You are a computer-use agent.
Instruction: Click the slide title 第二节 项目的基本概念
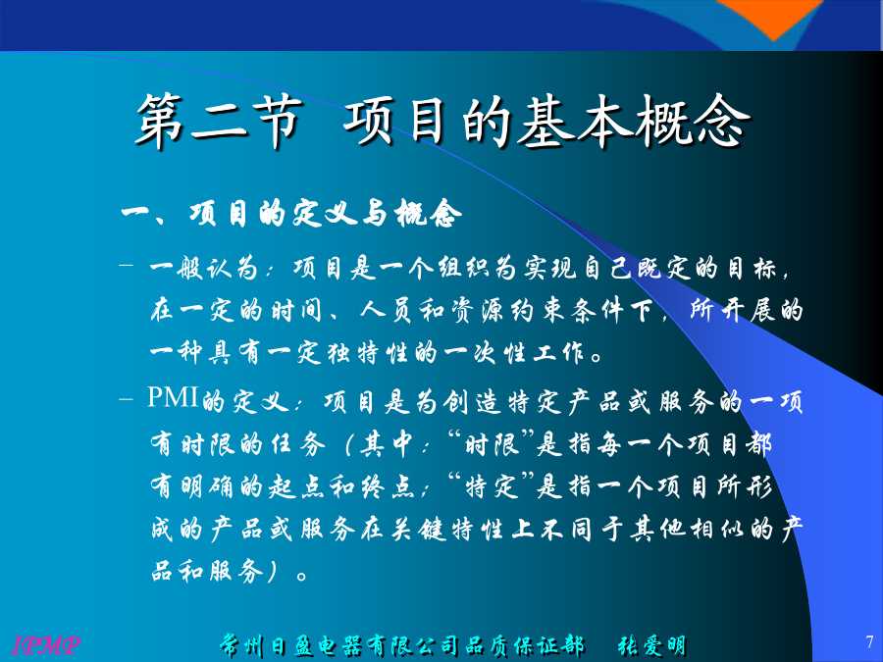[443, 122]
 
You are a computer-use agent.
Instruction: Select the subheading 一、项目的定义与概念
[291, 214]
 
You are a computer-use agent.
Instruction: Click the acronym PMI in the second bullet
[173, 397]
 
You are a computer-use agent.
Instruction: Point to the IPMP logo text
[46, 644]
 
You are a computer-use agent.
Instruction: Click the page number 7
[869, 641]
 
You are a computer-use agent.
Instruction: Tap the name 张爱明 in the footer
[652, 645]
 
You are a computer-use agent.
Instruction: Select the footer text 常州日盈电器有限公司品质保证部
[402, 645]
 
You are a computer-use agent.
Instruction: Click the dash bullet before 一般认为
[127, 263]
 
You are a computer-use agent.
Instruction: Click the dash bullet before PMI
[127, 399]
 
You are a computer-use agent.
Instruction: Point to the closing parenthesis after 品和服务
[272, 572]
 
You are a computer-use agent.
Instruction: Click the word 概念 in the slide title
[694, 122]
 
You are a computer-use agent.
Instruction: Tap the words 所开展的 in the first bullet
[747, 310]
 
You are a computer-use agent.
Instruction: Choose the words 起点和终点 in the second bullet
[341, 486]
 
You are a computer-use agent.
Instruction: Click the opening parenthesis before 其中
[349, 444]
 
